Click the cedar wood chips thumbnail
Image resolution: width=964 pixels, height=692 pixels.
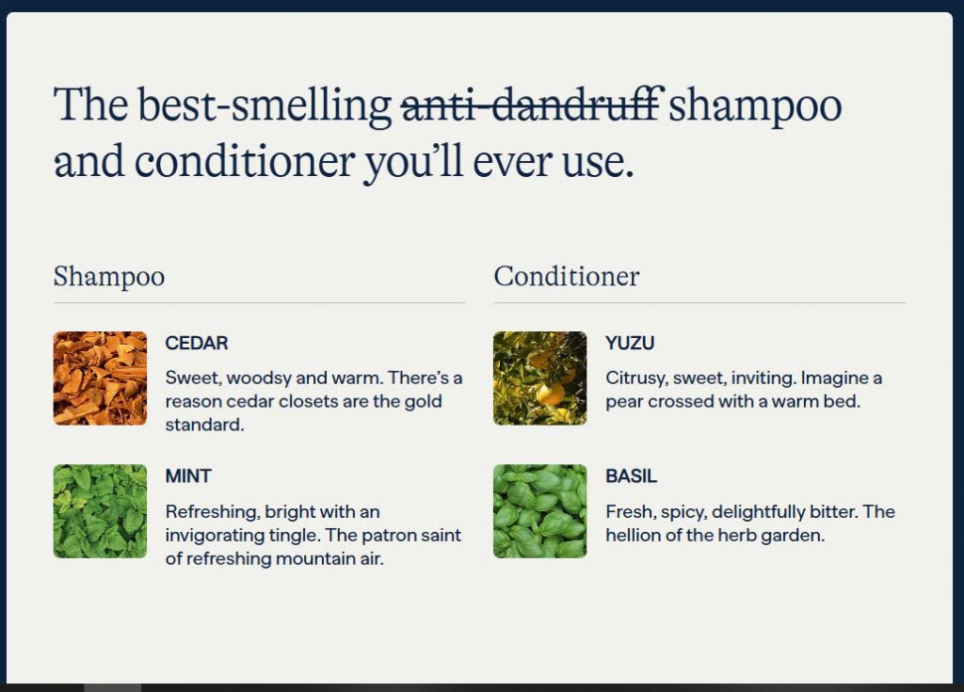click(x=100, y=378)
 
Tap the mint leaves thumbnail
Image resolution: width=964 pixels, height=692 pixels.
click(x=100, y=511)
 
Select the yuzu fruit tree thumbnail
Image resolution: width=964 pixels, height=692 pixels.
click(x=539, y=378)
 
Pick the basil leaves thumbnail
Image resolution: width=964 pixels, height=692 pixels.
click(x=539, y=511)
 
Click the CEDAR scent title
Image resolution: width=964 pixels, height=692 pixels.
click(x=197, y=343)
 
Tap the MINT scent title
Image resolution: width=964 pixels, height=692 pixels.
click(x=188, y=476)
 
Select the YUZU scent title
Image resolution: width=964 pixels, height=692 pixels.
click(x=630, y=343)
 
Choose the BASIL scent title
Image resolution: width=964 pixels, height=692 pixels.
click(x=631, y=476)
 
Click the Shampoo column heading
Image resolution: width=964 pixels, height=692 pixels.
click(x=109, y=277)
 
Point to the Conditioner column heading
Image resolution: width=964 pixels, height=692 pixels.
click(x=566, y=276)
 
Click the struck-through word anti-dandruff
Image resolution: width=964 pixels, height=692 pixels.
click(x=533, y=105)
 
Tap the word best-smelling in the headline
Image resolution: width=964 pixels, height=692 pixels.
click(x=265, y=105)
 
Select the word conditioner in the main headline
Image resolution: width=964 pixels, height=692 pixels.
click(x=244, y=161)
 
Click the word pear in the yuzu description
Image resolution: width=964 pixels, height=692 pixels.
click(x=624, y=402)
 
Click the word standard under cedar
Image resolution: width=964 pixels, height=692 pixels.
click(x=204, y=425)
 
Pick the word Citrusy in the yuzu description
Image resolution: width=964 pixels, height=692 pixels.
click(x=636, y=378)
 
